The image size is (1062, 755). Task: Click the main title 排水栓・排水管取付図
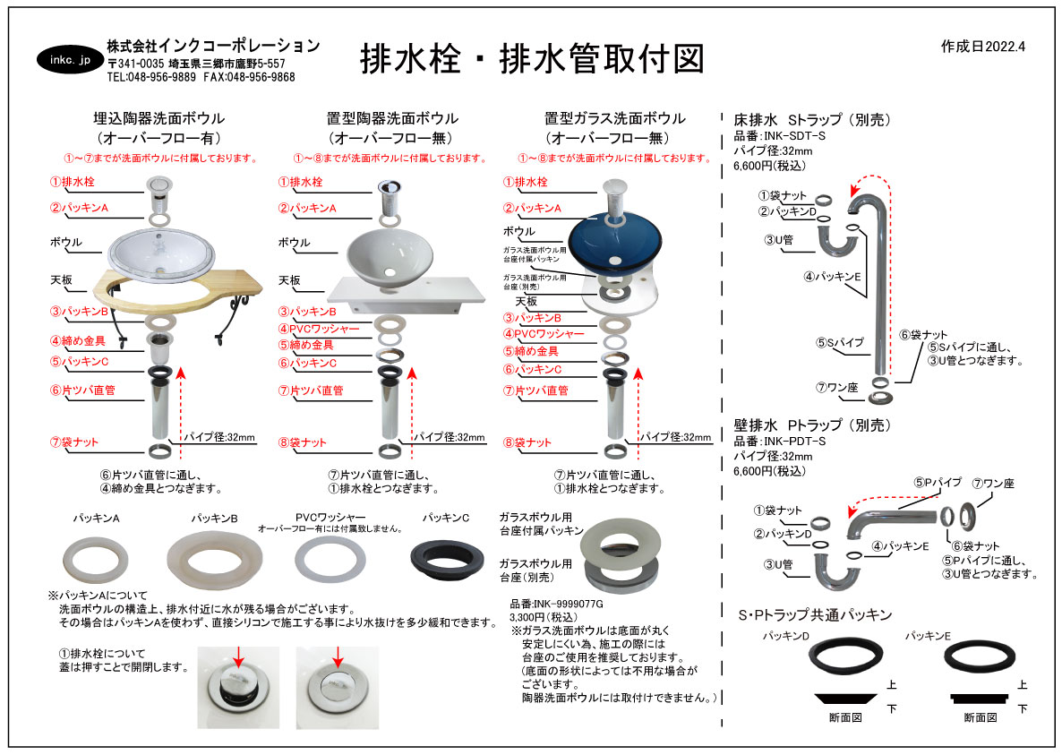(531, 58)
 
